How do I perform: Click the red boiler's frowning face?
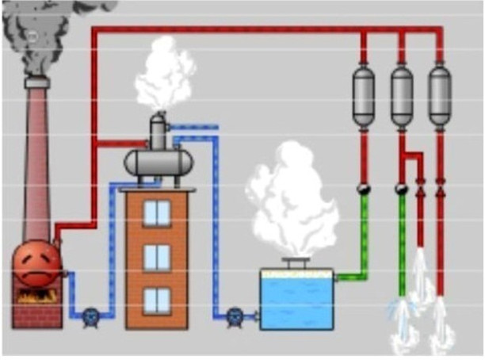coord(36,265)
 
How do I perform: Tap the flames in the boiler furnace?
coord(36,296)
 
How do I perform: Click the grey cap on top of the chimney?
coord(36,82)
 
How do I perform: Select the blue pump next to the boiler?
coord(90,316)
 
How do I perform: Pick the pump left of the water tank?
coord(235,316)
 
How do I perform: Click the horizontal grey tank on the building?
coord(158,163)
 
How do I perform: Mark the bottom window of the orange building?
coord(157,300)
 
